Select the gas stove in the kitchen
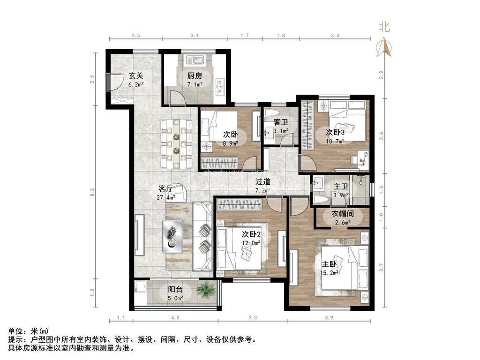click(220, 87)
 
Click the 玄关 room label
click(135, 75)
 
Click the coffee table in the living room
click(173, 236)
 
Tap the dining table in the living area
click(176, 143)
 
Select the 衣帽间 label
click(342, 213)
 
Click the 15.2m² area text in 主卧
click(329, 273)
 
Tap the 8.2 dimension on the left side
click(92, 192)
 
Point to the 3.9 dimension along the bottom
click(329, 318)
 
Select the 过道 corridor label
click(263, 182)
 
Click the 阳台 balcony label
click(175, 289)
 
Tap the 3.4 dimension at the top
click(335, 36)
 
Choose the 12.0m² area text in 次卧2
click(251, 243)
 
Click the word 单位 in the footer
click(15, 331)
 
